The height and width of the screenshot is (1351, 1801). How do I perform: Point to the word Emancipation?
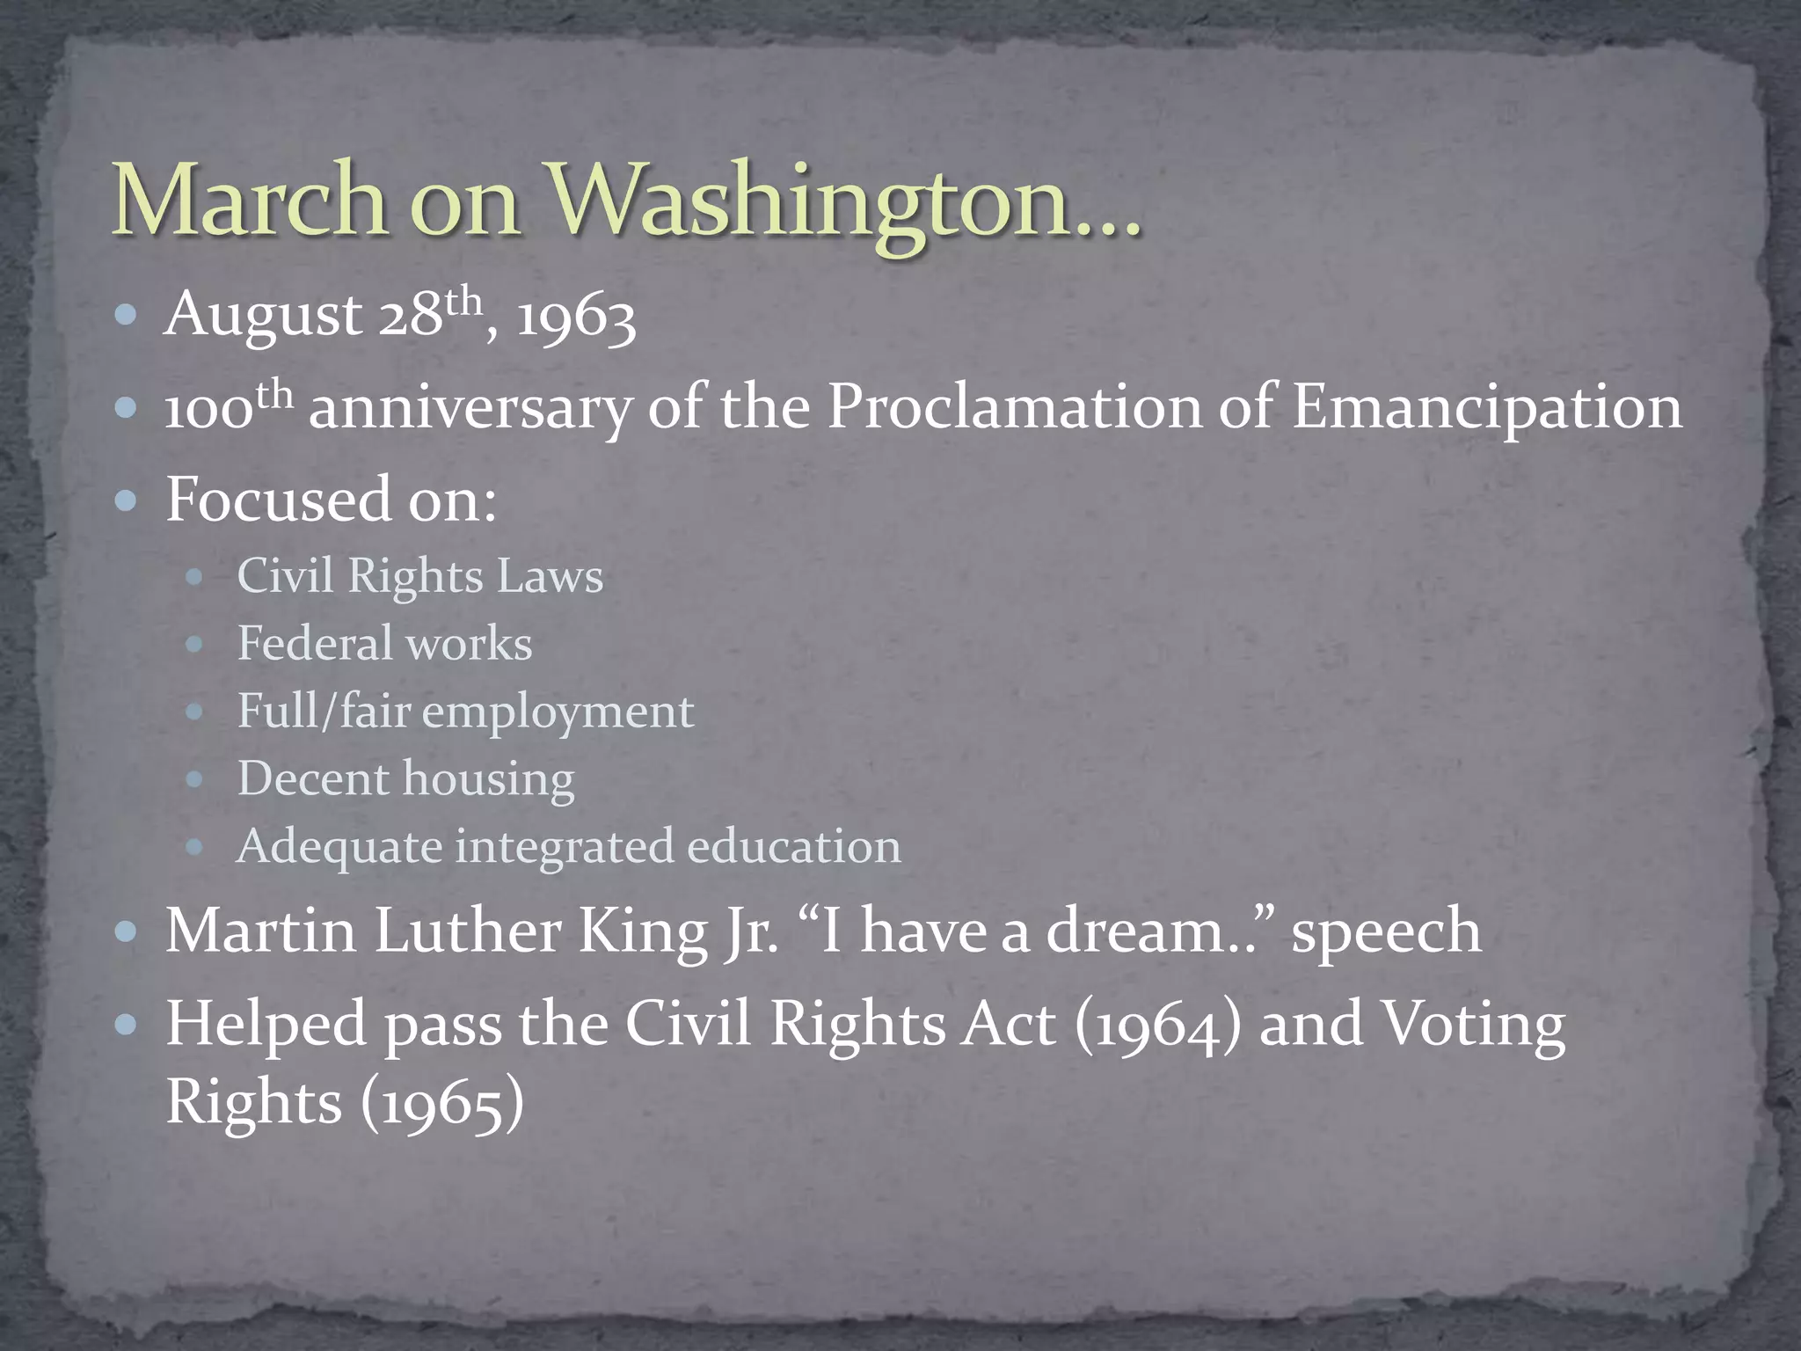[1486, 408]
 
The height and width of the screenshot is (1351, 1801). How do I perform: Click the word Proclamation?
[1014, 408]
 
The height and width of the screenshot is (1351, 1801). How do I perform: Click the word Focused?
[277, 500]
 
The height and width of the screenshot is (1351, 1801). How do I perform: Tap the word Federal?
[315, 643]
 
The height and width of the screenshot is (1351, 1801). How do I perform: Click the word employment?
[558, 712]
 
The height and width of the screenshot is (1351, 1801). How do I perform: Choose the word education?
[794, 846]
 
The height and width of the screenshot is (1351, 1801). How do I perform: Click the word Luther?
[468, 931]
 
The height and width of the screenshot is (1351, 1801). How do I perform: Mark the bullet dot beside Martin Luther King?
[128, 931]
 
